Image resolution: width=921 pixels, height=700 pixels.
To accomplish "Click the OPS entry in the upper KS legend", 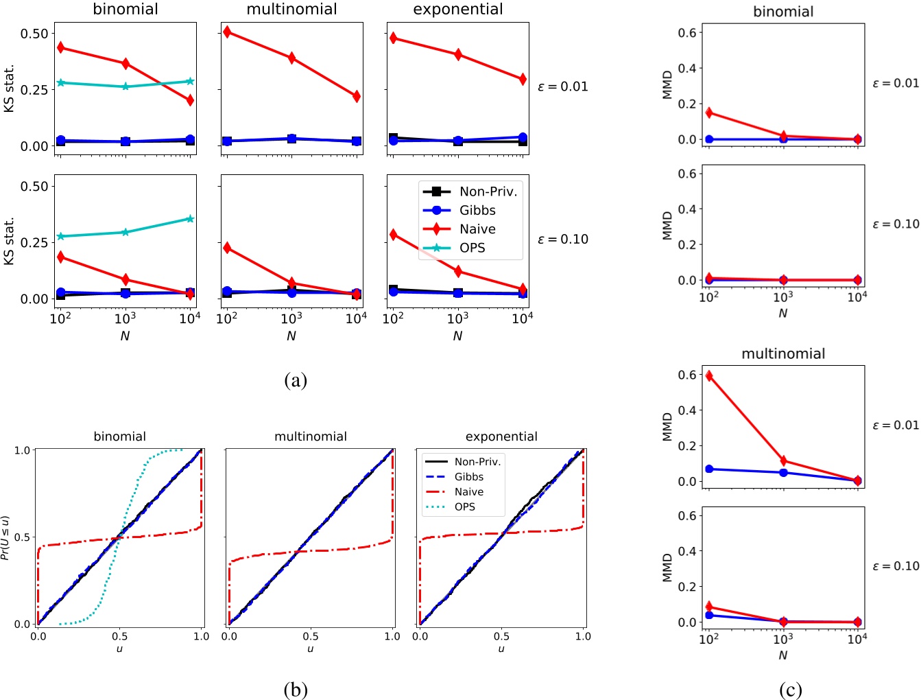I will (472, 248).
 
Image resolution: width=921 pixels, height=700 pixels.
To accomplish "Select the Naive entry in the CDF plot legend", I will (468, 492).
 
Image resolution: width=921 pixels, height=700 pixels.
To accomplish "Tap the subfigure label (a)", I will (295, 380).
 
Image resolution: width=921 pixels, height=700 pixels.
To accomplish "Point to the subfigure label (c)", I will (790, 690).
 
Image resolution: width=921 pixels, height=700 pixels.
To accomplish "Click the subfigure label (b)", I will (295, 690).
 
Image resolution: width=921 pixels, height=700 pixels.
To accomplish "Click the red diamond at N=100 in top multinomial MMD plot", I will (709, 376).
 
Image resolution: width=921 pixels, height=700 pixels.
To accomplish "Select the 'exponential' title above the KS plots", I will (457, 10).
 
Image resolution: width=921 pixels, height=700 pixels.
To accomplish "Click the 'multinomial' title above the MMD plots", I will (783, 354).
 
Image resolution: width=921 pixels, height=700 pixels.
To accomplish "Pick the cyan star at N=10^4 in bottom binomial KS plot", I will (190, 219).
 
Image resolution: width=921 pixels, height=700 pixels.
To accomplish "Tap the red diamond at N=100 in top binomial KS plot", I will (61, 48).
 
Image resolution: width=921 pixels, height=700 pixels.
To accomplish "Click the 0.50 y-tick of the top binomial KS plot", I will (35, 34).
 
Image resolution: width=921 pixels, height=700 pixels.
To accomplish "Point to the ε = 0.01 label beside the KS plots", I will (563, 86).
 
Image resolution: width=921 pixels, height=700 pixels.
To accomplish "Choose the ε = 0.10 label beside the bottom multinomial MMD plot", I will (895, 566).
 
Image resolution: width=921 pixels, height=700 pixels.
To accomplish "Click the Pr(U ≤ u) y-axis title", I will (6, 537).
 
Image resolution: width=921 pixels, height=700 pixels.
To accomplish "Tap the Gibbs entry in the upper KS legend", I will (477, 211).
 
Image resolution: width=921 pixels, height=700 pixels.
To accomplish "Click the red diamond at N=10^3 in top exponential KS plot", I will (458, 54).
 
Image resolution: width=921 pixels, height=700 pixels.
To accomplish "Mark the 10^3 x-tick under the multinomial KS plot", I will (291, 318).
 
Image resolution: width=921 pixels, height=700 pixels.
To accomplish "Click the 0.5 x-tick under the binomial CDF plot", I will (119, 637).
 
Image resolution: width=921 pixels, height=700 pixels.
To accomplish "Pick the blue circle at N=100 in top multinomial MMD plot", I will (709, 469).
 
